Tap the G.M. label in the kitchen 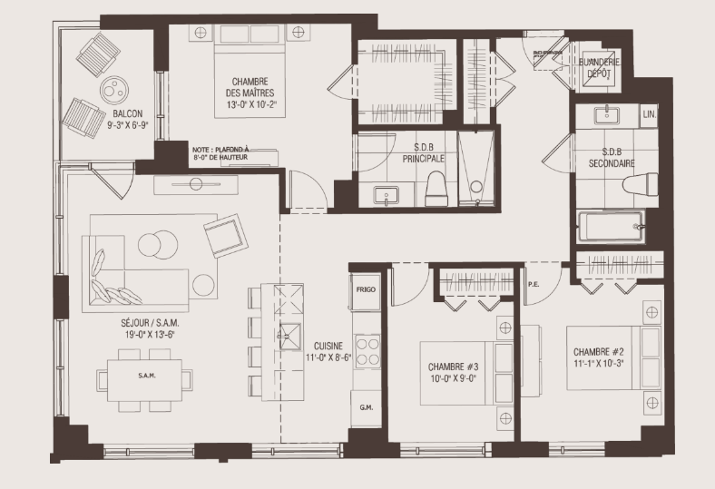[x=366, y=407]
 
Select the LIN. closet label [x=649, y=114]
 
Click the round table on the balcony [x=115, y=90]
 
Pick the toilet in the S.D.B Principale [x=435, y=189]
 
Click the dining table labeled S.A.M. [x=145, y=376]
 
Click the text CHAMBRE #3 [x=454, y=367]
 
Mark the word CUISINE [x=328, y=346]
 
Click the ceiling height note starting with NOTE [x=220, y=153]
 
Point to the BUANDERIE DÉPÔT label [x=599, y=67]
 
